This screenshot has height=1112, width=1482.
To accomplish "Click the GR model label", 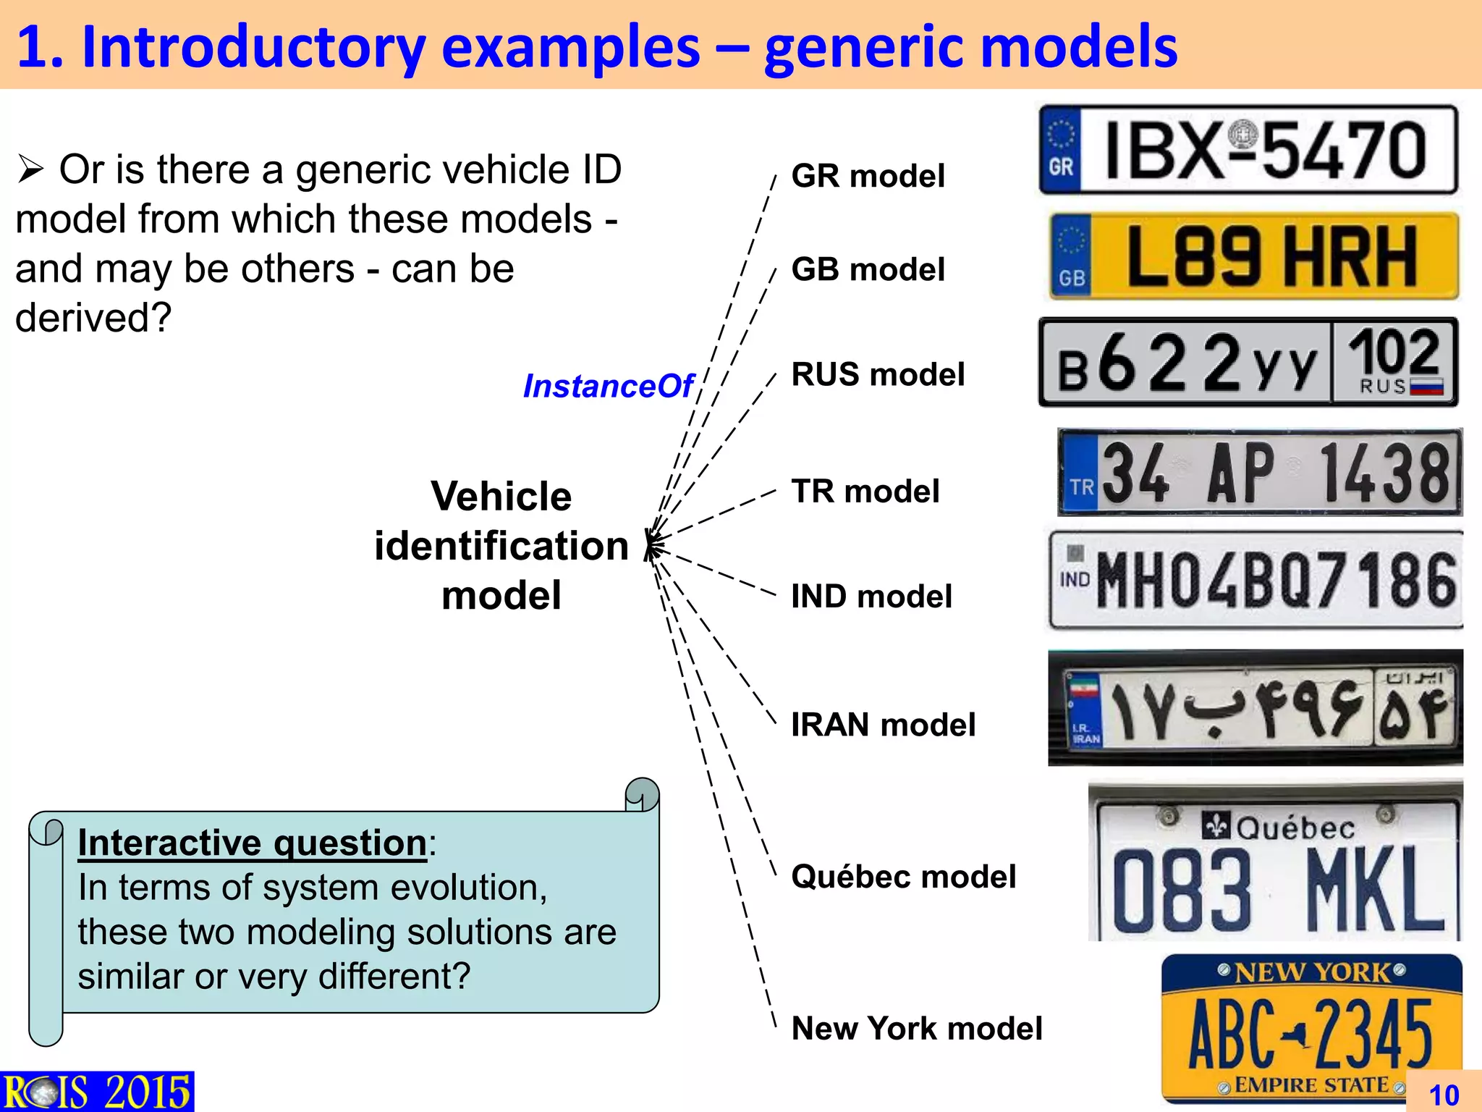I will point(868,176).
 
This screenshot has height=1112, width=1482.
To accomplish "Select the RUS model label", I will point(878,375).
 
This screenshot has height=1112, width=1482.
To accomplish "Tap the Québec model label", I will point(903,877).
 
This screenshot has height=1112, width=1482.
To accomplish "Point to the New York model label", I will point(917,1029).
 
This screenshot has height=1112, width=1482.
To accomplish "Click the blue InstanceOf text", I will point(608,386).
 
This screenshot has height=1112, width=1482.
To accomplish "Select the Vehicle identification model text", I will point(501,546).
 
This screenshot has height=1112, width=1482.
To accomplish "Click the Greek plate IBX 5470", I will point(1248,151).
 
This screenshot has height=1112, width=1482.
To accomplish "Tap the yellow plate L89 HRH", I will point(1253,256).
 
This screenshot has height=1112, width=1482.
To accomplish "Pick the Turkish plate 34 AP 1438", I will point(1259,472).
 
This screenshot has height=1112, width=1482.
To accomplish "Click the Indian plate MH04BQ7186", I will point(1256,581).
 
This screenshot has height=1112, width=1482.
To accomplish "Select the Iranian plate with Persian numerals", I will point(1255,708).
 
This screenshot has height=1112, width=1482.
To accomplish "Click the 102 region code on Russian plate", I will point(1394,353).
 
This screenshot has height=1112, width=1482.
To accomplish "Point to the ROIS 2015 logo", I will point(97,1092).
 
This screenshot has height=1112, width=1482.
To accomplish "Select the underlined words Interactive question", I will point(252,843).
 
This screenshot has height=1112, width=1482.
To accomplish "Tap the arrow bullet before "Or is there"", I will point(31,170).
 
